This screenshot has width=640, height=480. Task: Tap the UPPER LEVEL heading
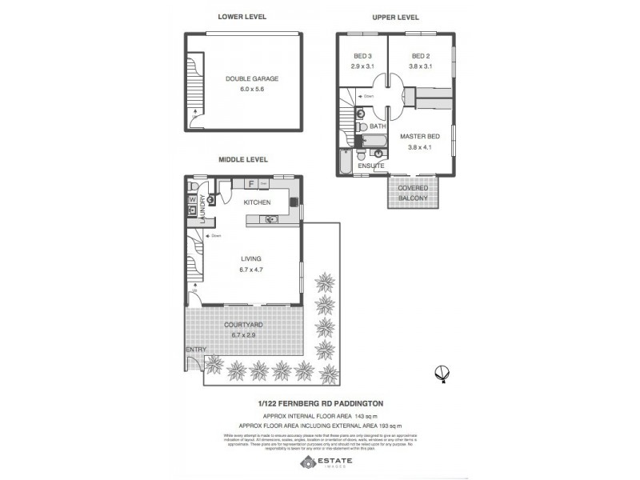tap(396, 17)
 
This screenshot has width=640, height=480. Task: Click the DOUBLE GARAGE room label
tap(251, 79)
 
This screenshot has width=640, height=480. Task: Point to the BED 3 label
tap(362, 55)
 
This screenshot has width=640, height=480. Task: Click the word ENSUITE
tap(371, 166)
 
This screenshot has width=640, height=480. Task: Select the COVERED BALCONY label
tap(414, 192)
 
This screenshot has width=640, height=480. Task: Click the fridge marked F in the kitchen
tap(250, 185)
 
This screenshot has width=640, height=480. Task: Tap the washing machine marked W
tap(193, 198)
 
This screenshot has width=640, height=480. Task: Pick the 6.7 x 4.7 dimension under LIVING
tap(250, 270)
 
